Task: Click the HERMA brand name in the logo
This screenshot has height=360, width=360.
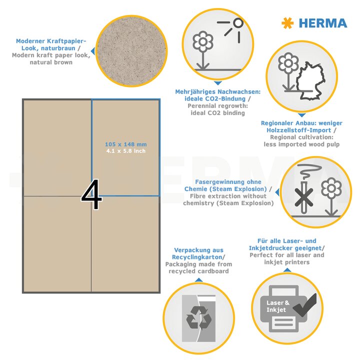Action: tap(323, 23)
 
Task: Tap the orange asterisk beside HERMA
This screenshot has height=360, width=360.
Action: tap(287, 23)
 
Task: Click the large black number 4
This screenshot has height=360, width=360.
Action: tap(91, 194)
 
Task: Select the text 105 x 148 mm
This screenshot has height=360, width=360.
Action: tap(126, 144)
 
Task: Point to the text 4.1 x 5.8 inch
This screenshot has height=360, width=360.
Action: tap(126, 151)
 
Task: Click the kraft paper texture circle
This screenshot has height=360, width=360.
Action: tap(131, 51)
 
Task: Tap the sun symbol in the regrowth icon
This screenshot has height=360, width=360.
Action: tap(234, 27)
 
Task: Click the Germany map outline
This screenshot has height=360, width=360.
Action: tap(310, 81)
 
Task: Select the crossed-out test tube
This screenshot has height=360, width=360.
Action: tap(303, 197)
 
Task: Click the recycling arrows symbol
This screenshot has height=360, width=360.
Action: tap(199, 318)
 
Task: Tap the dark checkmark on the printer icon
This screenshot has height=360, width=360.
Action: tap(305, 305)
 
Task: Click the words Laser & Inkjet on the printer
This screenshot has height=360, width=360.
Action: tap(278, 306)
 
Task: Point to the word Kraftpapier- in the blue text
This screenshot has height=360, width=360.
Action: tap(66, 41)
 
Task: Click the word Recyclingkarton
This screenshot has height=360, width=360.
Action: tap(197, 257)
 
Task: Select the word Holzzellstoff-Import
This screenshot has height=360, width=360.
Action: tap(298, 130)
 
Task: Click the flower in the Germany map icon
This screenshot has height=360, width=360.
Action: tap(288, 71)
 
